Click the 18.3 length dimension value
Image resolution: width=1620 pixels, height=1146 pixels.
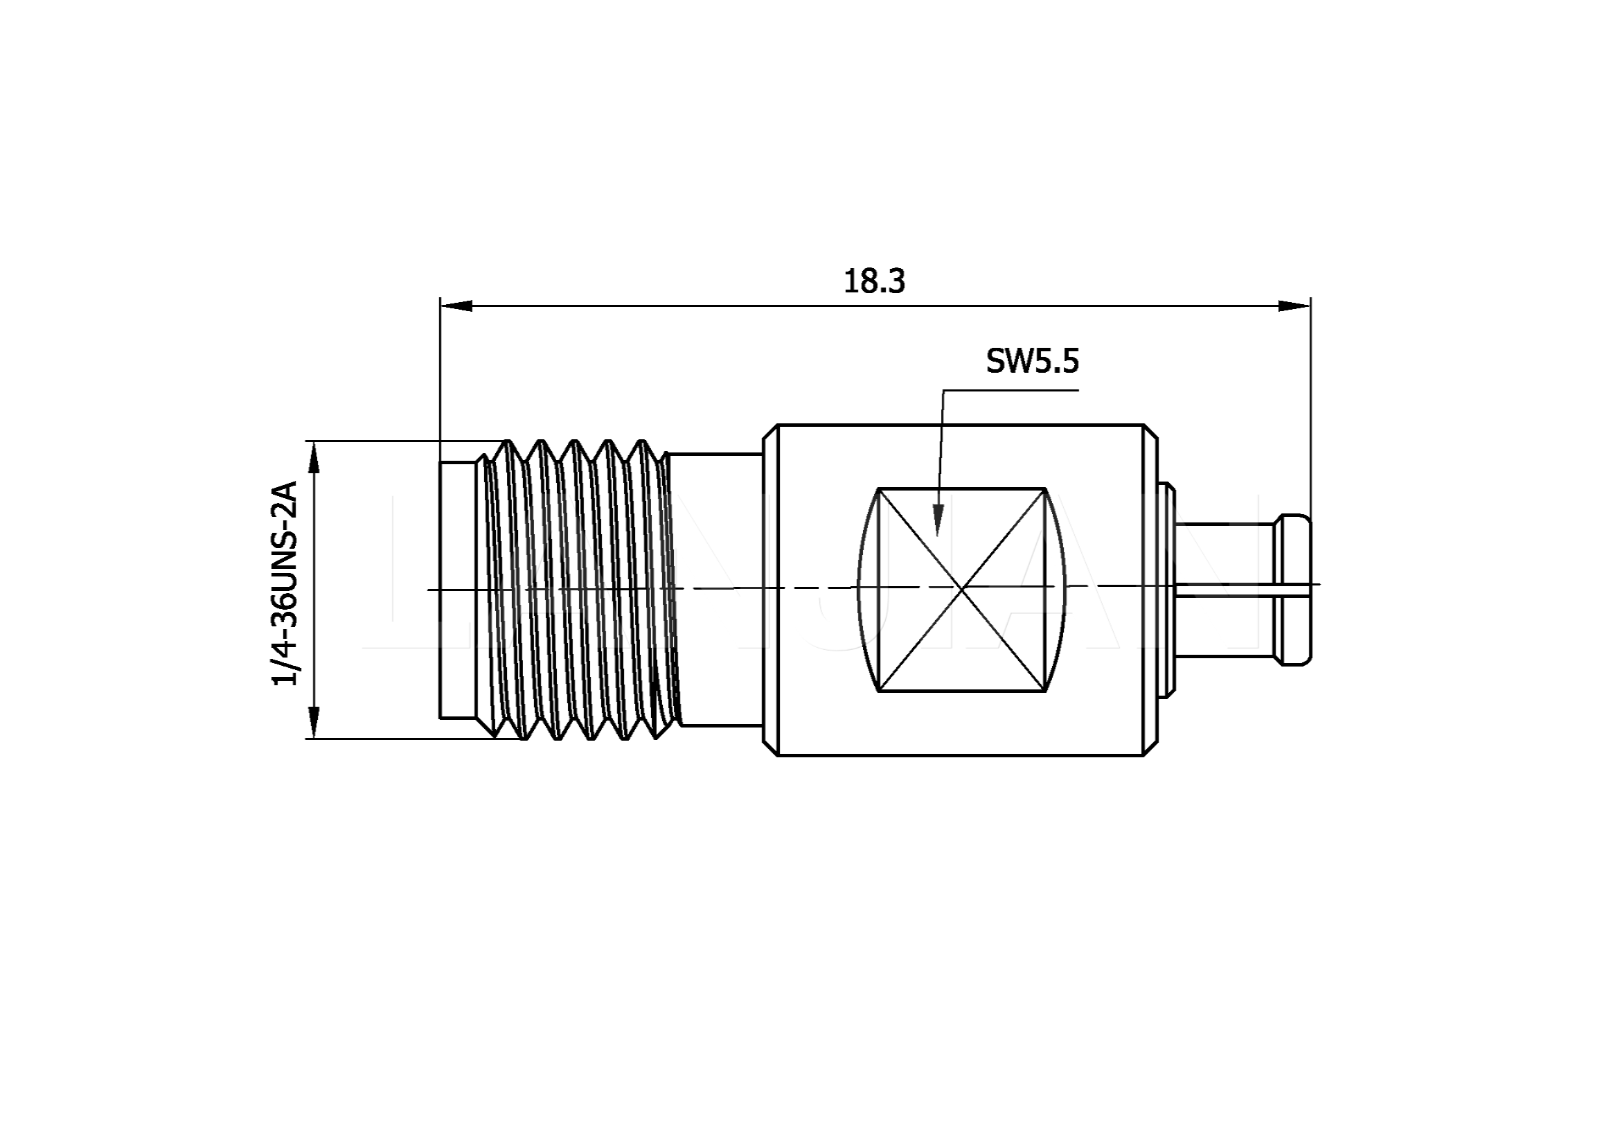coord(874,281)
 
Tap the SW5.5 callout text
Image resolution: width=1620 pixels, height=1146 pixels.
coord(1032,361)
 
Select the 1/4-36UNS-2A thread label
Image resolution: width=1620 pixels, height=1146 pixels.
coord(286,583)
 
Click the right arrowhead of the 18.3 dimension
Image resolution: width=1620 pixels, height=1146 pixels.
coord(1294,306)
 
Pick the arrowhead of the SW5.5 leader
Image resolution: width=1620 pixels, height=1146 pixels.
coord(938,520)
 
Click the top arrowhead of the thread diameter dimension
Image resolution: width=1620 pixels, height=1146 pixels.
coord(314,458)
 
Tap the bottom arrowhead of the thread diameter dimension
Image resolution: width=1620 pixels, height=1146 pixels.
coord(314,722)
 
